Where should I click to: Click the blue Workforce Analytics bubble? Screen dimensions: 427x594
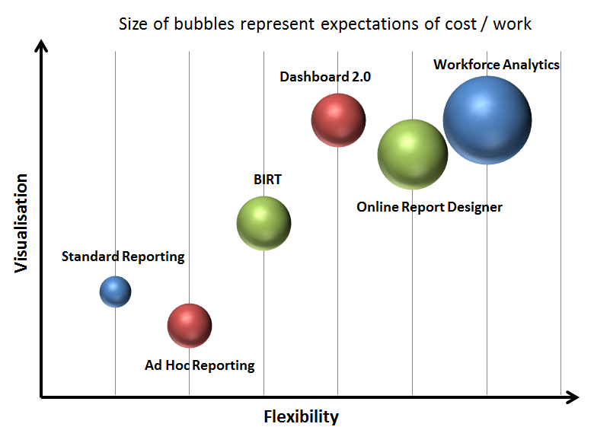487,119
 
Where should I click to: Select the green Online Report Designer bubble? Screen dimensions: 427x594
412,155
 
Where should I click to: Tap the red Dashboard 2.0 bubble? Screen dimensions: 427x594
338,120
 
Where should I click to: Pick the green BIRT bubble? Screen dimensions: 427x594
263,223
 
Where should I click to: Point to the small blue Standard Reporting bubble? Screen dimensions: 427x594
115,292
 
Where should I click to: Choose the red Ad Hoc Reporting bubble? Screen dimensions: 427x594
189,326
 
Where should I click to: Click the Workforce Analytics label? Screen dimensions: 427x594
497,65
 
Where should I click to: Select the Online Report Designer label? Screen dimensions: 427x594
430,206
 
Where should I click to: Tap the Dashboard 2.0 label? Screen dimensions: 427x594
325,77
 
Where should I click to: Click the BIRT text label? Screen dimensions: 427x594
267,180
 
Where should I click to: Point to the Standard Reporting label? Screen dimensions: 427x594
123,257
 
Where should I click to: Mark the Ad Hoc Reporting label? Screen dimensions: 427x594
200,365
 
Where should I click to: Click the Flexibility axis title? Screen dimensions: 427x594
301,416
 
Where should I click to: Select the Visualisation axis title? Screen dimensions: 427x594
21,222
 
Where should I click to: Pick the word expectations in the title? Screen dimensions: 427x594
362,24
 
